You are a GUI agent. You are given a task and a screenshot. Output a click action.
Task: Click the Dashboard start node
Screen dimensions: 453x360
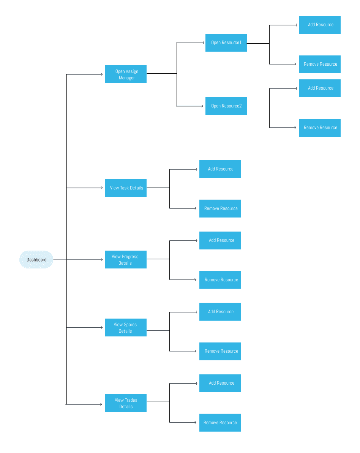click(36, 260)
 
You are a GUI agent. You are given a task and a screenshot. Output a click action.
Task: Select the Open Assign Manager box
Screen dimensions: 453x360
click(126, 74)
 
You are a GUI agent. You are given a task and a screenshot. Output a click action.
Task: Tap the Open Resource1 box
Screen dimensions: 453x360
click(226, 43)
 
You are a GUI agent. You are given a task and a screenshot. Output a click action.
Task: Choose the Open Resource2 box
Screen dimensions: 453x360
click(226, 106)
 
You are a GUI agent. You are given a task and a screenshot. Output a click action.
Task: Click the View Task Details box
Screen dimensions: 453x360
click(126, 188)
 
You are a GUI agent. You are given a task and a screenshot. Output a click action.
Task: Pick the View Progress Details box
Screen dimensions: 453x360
click(126, 260)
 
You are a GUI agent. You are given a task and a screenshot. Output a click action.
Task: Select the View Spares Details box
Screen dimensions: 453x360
click(126, 328)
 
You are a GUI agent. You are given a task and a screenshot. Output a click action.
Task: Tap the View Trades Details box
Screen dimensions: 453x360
click(126, 403)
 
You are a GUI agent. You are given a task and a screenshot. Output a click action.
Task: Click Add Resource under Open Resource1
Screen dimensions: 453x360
click(320, 25)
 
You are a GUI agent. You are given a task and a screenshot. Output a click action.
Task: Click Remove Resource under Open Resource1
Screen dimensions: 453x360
click(320, 64)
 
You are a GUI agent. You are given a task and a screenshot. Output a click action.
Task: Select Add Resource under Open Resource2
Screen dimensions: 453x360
click(320, 88)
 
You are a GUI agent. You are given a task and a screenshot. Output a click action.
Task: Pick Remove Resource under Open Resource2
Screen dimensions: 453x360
click(320, 128)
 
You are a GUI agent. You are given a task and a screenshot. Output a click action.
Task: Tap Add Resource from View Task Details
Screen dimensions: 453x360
click(220, 169)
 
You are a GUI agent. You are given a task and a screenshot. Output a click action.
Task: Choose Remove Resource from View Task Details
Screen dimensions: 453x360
click(220, 208)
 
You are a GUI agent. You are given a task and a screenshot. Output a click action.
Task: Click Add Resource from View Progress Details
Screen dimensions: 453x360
click(220, 240)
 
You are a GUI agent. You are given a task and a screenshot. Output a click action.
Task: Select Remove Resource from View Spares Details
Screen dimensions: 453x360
click(220, 351)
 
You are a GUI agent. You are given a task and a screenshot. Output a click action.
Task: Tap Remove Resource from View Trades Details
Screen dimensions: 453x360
click(220, 423)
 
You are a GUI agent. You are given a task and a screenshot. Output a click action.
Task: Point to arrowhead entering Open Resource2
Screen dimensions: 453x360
click(202, 106)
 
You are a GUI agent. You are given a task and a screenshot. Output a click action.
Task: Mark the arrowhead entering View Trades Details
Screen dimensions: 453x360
click(101, 404)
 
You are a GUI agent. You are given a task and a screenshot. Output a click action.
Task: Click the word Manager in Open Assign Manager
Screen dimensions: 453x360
click(127, 78)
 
